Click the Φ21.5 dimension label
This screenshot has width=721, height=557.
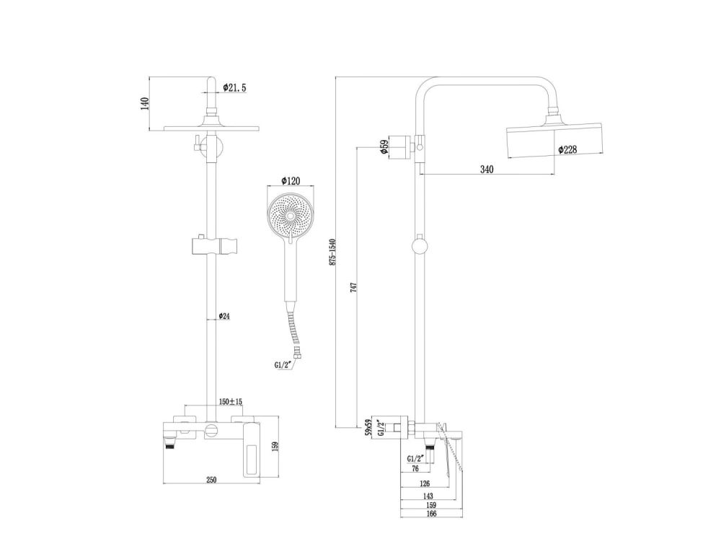click(234, 87)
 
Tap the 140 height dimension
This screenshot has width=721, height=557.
click(144, 103)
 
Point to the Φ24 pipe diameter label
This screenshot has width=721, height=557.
click(224, 316)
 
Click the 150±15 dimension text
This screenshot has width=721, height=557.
click(231, 402)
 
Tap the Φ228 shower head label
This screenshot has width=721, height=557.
click(567, 150)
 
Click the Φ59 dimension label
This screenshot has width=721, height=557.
click(384, 147)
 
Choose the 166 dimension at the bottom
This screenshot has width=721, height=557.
click(430, 514)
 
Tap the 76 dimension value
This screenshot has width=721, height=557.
click(415, 468)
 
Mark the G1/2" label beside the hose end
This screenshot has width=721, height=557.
click(283, 365)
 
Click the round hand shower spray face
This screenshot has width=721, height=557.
click(291, 214)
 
